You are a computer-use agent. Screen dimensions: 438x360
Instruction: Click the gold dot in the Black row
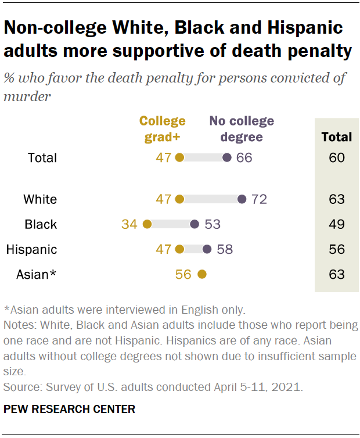point(147,225)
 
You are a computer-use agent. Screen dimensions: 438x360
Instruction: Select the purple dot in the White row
point(242,200)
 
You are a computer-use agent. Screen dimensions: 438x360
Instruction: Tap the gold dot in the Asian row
point(202,274)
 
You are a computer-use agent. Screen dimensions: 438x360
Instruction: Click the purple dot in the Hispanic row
point(207,250)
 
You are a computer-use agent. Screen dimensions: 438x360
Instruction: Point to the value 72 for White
point(259,200)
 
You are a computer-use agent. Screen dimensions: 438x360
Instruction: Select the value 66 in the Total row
point(244,158)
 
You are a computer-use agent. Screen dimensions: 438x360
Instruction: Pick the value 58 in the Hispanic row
point(225,250)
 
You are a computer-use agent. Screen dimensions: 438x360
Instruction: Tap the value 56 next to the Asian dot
point(183,274)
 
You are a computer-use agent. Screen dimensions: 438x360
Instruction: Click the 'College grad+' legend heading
point(163,129)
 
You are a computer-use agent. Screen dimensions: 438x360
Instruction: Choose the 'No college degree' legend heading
point(242,129)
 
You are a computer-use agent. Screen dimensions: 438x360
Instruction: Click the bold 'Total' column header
point(337,138)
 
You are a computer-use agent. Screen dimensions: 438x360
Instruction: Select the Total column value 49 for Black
point(337,225)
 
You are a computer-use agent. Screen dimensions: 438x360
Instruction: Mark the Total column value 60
point(337,158)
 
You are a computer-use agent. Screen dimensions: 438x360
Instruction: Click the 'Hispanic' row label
point(31,250)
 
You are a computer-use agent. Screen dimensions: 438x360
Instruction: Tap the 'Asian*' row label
point(36,274)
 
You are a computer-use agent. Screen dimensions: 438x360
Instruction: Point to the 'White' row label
point(40,200)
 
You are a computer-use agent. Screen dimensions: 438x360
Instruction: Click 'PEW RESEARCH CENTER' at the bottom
point(70,410)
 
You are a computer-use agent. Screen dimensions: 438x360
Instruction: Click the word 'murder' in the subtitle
point(27,96)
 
